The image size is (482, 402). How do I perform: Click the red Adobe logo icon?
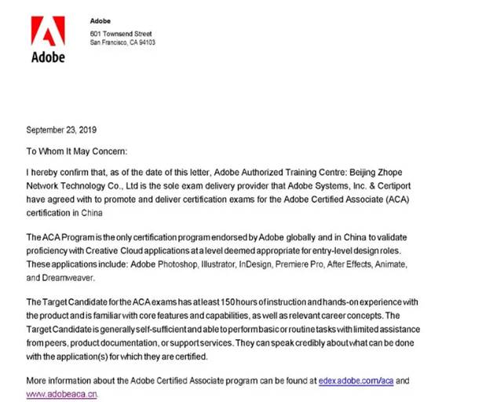(48, 32)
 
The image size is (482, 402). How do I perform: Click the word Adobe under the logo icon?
(48, 57)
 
